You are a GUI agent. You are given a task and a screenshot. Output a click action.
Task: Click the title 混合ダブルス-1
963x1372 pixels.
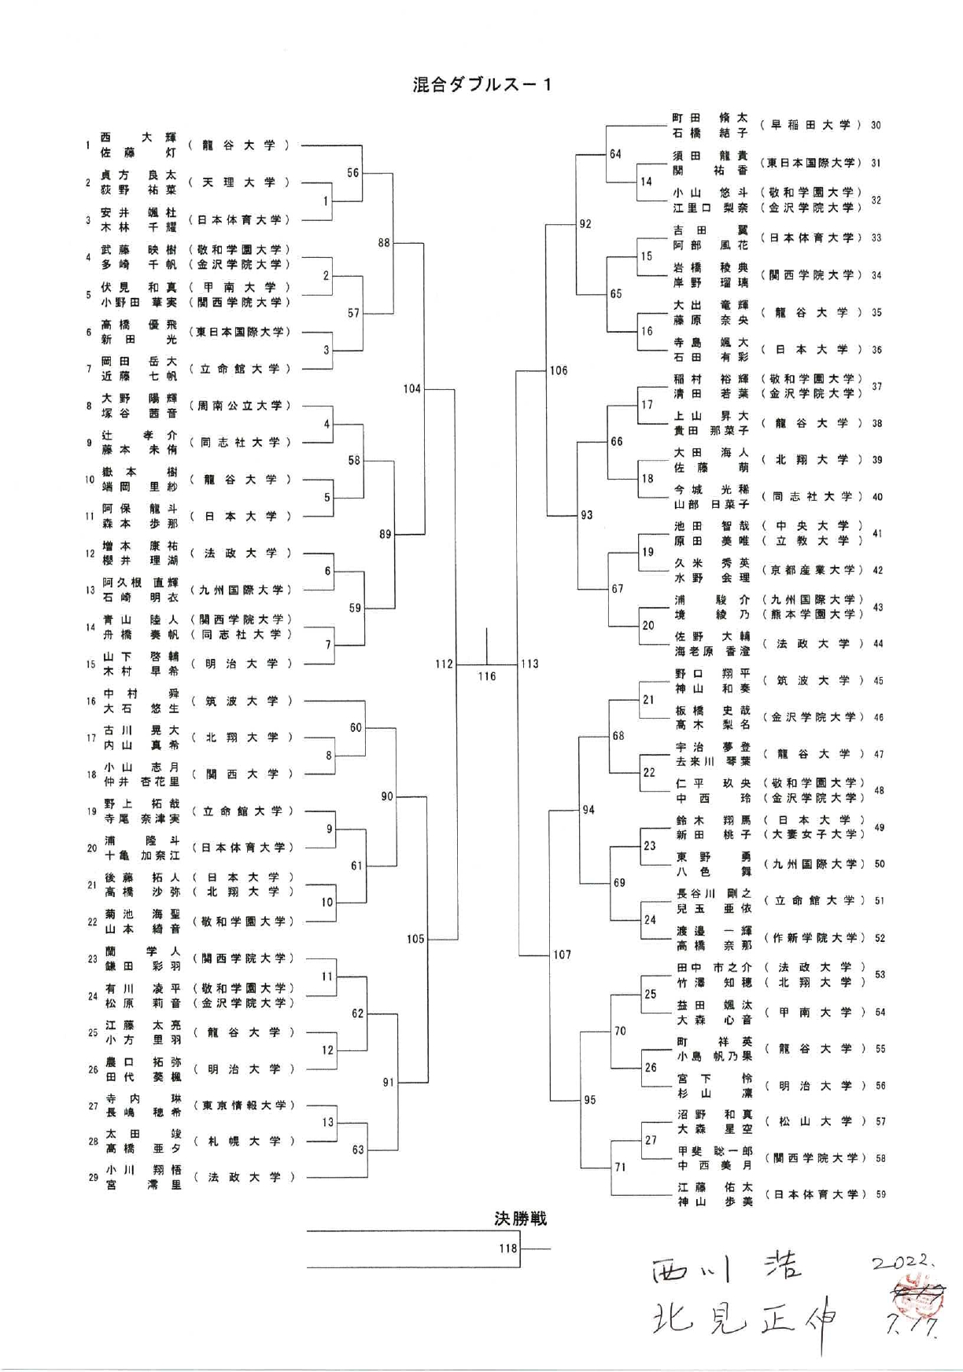pyautogui.click(x=481, y=85)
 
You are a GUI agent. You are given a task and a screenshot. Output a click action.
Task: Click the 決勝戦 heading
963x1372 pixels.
pyautogui.click(x=520, y=1219)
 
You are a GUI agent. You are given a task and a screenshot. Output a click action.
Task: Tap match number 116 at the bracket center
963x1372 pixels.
pyautogui.click(x=486, y=676)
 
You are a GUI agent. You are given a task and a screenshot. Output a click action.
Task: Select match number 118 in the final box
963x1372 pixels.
pyautogui.click(x=507, y=1248)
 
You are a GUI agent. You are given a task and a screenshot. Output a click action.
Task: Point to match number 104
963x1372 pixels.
pyautogui.click(x=411, y=388)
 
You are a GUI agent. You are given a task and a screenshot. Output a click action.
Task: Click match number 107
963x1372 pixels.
pyautogui.click(x=562, y=955)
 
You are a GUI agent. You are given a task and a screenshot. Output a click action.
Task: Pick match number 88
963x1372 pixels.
pyautogui.click(x=383, y=243)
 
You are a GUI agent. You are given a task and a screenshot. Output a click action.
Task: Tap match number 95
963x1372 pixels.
pyautogui.click(x=589, y=1100)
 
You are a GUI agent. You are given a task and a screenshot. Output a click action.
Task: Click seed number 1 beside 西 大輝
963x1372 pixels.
pyautogui.click(x=88, y=145)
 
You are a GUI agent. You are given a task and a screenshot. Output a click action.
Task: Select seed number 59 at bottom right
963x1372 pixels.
pyautogui.click(x=880, y=1194)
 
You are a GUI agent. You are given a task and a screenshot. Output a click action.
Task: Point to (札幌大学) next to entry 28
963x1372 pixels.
pyautogui.click(x=241, y=1141)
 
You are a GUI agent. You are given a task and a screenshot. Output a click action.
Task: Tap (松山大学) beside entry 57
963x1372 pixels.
pyautogui.click(x=813, y=1121)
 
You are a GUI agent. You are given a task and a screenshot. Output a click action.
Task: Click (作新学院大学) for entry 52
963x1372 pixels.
pyautogui.click(x=813, y=937)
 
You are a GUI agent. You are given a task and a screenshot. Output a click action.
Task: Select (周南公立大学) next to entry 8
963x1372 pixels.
pyautogui.click(x=240, y=406)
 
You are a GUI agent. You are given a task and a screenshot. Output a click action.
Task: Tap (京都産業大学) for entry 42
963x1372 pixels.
pyautogui.click(x=813, y=569)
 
